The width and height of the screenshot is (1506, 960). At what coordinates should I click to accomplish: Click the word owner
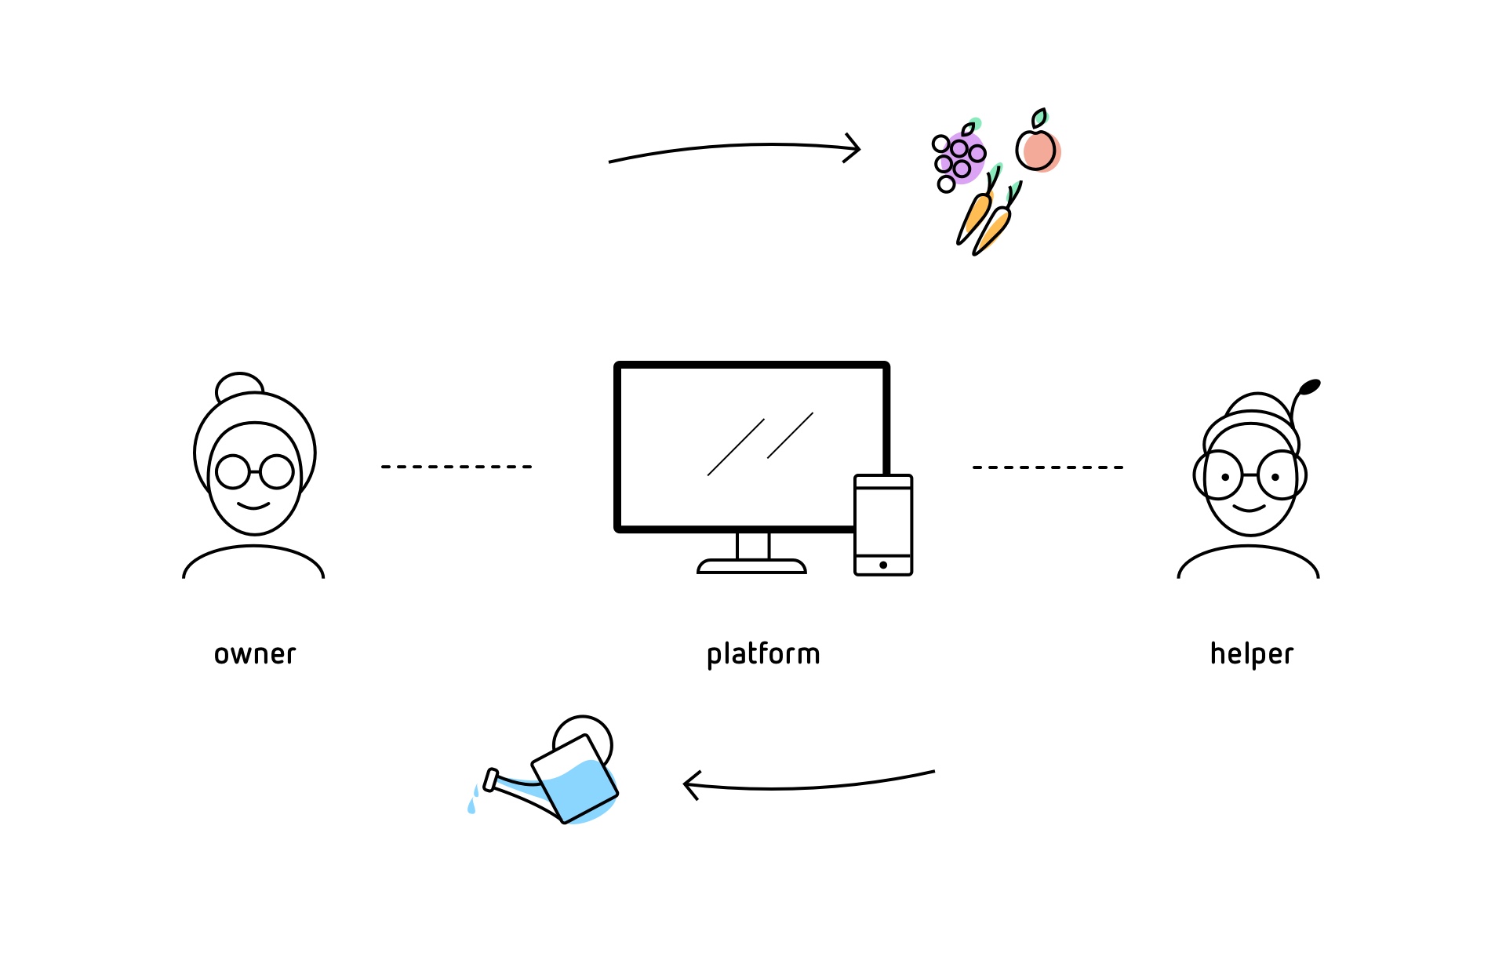255,654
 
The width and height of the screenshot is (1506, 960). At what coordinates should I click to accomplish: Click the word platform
763,654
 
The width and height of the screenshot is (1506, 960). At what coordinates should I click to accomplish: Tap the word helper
1251,654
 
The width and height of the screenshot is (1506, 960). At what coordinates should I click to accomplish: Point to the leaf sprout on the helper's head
1309,387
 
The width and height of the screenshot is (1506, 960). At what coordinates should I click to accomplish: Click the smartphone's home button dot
883,565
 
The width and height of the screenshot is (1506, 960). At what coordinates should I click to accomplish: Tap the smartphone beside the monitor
883,524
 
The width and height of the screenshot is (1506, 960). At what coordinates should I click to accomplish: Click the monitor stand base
751,566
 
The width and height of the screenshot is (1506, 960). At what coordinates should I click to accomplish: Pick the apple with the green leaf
1037,147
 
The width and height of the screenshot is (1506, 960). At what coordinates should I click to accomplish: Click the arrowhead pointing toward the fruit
853,148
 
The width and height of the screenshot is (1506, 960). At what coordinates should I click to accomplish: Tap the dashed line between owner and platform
457,467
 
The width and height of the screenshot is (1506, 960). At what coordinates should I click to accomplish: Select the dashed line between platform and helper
1048,467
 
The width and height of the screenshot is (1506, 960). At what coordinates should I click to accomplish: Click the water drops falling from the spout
473,800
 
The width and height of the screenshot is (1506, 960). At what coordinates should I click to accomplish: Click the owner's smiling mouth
253,507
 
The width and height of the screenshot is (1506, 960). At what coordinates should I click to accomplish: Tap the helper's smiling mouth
1249,508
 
